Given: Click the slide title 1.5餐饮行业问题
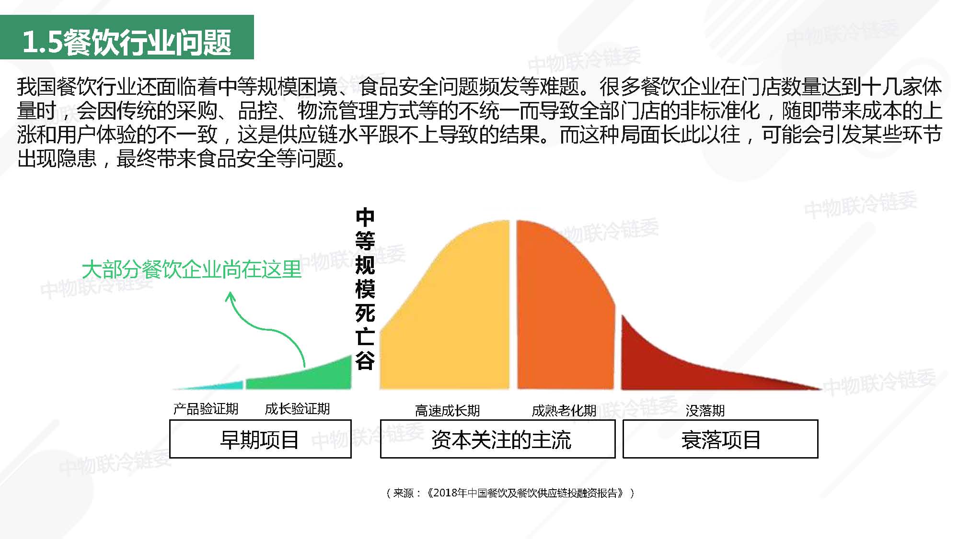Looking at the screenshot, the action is (x=127, y=42).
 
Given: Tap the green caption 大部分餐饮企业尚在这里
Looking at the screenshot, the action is (x=192, y=269).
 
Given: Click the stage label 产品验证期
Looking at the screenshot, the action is (x=206, y=409).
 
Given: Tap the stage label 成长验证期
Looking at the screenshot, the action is (x=297, y=409).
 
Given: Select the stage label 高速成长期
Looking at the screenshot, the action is (x=447, y=411).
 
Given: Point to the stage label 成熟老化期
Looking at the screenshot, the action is (x=564, y=411).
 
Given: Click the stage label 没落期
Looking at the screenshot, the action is (x=705, y=411).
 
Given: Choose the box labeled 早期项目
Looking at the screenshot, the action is (x=260, y=439).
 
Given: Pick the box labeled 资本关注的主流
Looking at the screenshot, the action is (x=497, y=439).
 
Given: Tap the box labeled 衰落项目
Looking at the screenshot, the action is (x=720, y=439).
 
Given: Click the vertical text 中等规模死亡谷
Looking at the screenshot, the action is (x=365, y=289).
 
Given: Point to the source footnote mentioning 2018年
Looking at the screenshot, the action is (x=510, y=493).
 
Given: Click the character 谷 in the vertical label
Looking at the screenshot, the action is (x=365, y=360).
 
